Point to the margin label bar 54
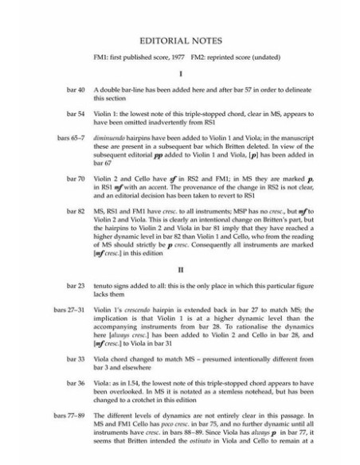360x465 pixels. coord(76,114)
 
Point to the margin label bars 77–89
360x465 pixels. coord(69,416)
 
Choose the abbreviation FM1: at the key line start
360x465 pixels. coord(103,57)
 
